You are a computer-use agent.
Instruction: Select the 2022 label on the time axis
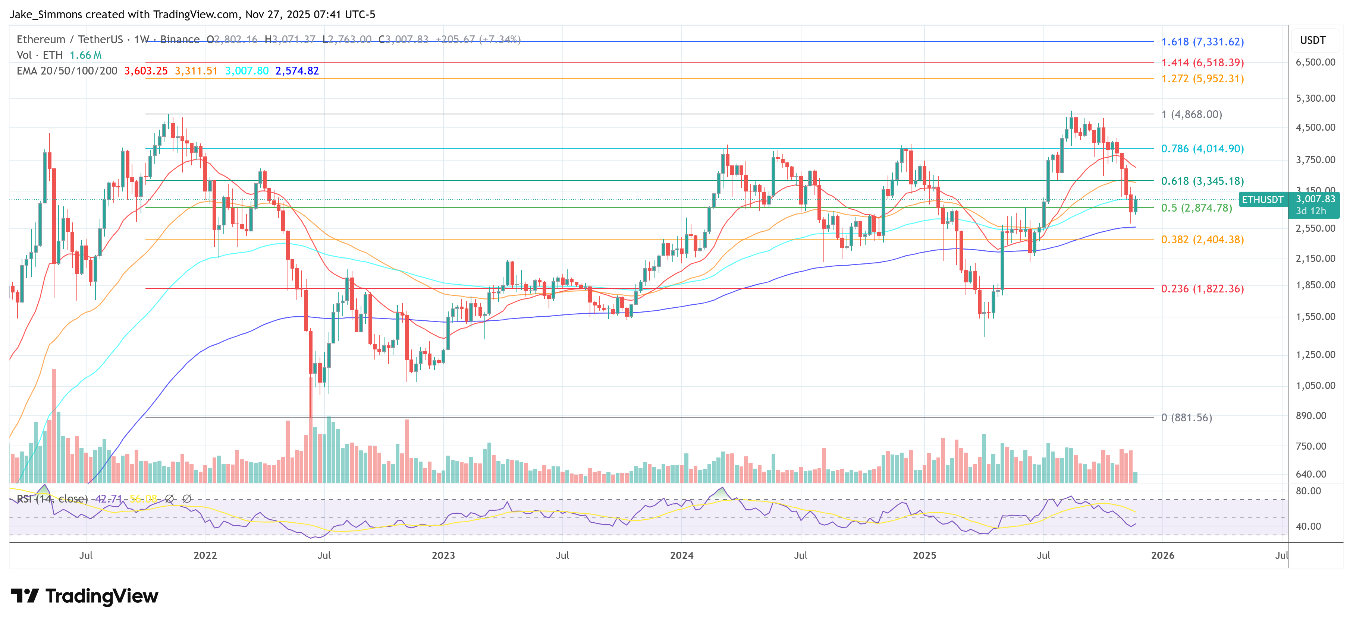tap(205, 555)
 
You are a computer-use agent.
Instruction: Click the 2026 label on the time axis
tap(1162, 555)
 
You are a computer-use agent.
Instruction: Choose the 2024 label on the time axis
tap(681, 555)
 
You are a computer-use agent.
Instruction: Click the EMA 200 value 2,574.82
tap(297, 71)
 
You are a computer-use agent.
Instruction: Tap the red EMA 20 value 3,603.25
tap(145, 71)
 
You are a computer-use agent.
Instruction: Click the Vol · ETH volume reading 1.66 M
tap(86, 55)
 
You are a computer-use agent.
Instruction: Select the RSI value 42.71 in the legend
tap(108, 498)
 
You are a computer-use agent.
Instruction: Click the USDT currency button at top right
tap(1313, 40)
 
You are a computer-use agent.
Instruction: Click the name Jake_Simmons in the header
tap(46, 14)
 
